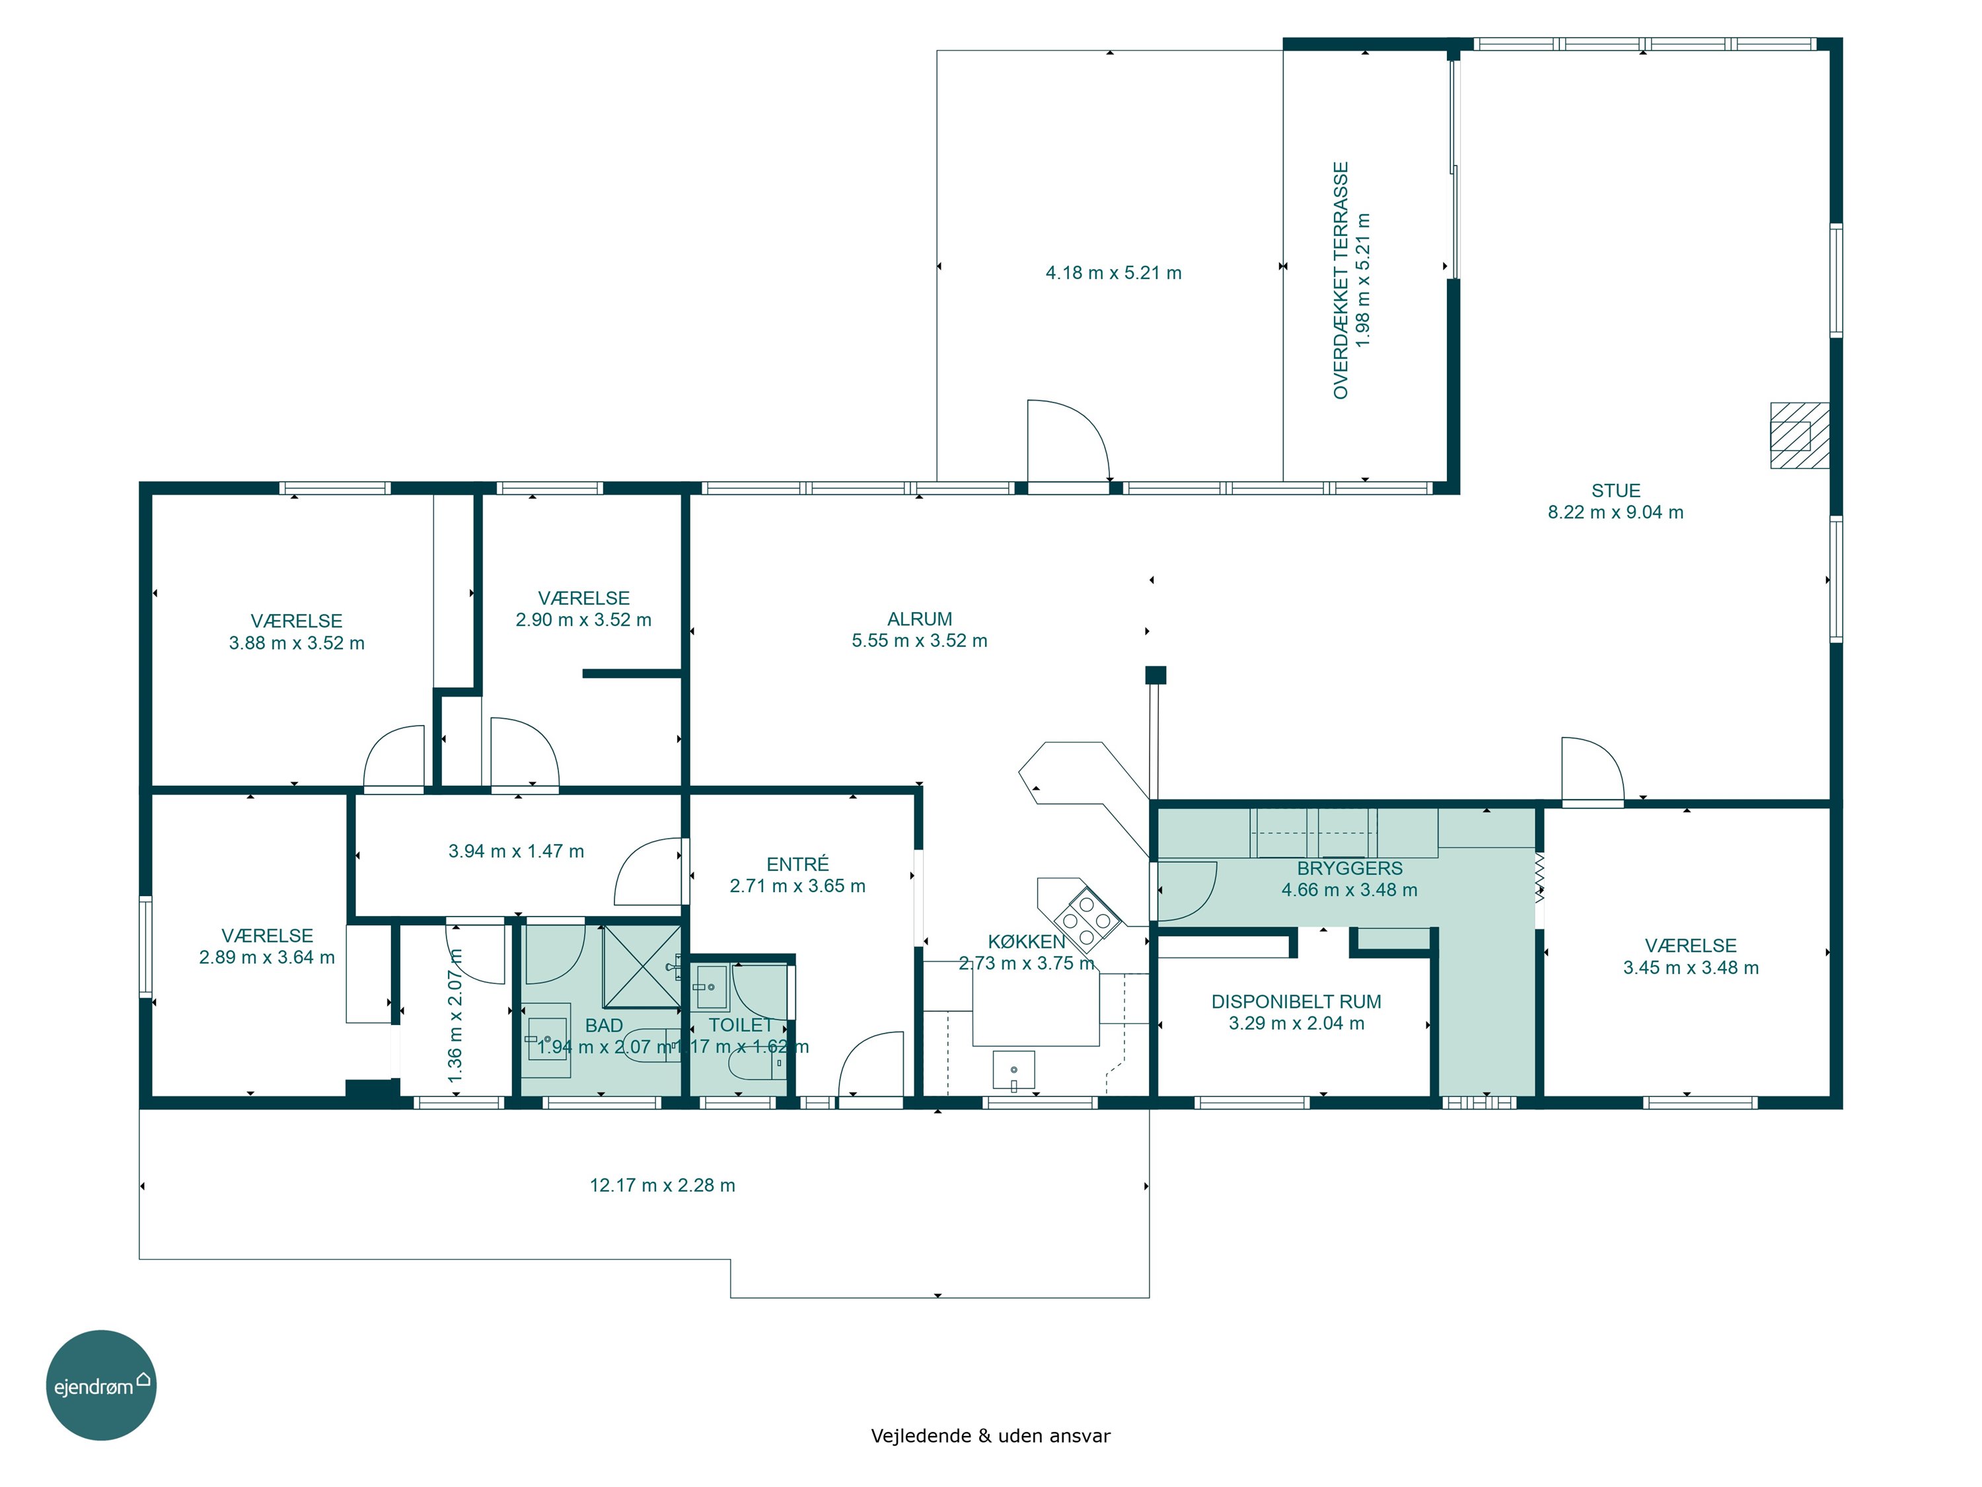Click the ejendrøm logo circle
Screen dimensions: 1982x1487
(101, 1385)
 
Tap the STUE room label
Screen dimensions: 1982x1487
(1615, 490)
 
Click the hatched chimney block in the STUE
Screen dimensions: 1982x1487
(1799, 436)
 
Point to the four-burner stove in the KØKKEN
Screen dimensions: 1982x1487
(1087, 919)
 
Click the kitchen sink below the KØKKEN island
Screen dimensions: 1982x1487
(1013, 1070)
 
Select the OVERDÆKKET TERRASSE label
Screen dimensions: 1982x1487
(1341, 281)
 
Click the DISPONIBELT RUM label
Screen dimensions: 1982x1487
(1296, 1002)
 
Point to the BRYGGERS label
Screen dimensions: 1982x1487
(1349, 868)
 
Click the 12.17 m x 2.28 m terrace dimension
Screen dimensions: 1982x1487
(662, 1186)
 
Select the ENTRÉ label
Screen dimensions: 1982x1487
(797, 864)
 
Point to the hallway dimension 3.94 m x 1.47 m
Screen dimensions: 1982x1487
(516, 851)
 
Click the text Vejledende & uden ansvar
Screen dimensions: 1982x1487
(990, 1436)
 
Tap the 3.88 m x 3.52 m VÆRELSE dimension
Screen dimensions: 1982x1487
(297, 642)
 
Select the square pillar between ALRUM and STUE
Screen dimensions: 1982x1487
(1156, 675)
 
